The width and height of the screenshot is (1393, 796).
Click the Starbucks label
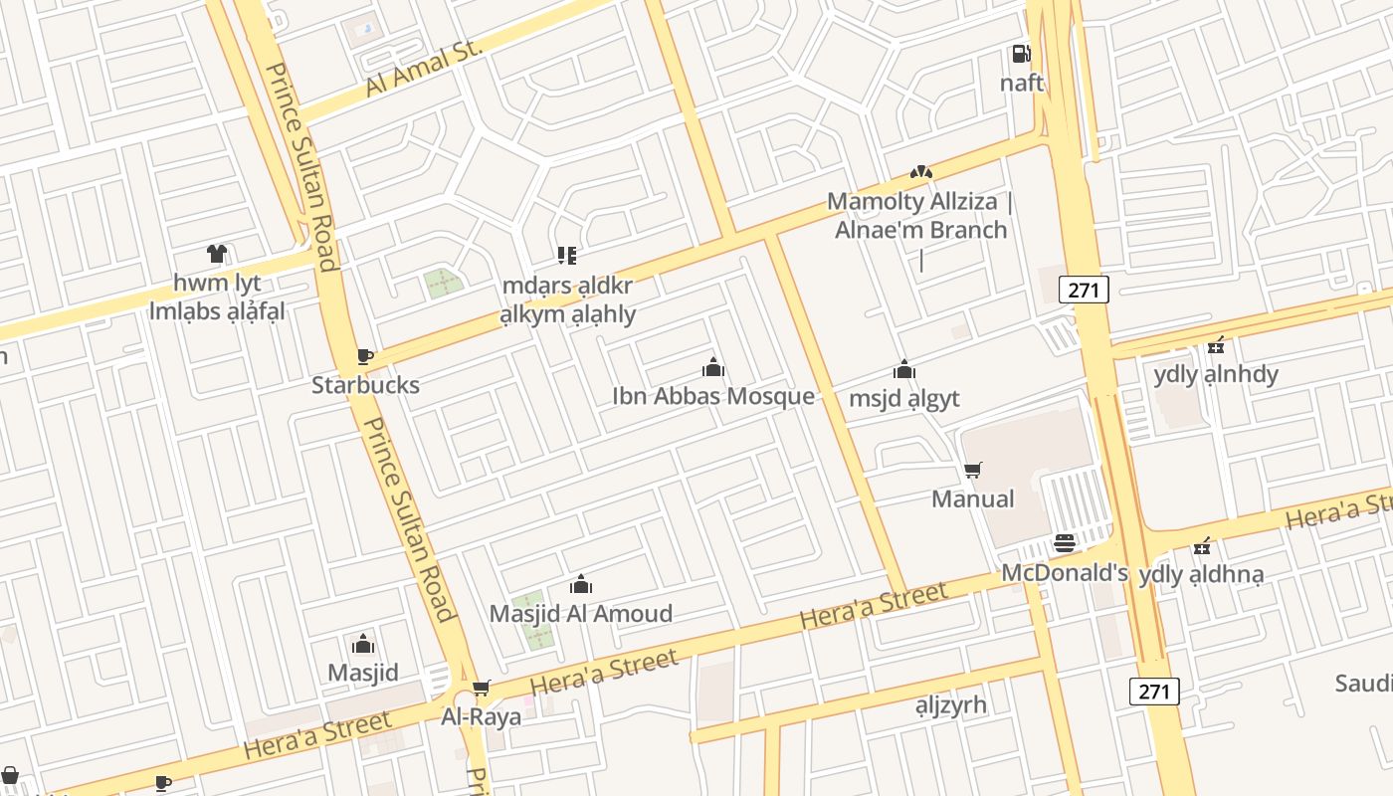click(x=365, y=385)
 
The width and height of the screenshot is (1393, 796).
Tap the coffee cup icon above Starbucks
click(x=365, y=356)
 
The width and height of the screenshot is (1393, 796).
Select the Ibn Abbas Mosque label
click(x=712, y=396)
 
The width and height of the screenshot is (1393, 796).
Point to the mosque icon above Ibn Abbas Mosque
click(x=712, y=368)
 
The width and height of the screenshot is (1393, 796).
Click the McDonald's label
click(x=1064, y=572)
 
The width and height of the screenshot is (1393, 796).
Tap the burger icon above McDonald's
click(x=1064, y=543)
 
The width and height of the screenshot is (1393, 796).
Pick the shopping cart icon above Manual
click(x=973, y=470)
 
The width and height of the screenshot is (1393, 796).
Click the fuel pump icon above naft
click(x=1021, y=54)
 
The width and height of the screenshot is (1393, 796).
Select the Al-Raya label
click(x=481, y=716)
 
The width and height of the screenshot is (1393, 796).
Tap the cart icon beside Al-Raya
click(x=482, y=688)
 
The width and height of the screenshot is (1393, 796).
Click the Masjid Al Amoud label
click(x=580, y=613)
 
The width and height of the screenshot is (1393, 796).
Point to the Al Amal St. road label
click(x=423, y=69)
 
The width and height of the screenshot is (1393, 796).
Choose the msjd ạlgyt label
click(x=903, y=398)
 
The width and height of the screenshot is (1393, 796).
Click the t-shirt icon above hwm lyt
click(x=217, y=254)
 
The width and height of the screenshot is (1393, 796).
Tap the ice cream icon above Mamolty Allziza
click(x=920, y=172)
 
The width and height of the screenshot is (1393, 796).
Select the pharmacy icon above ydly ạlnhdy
click(x=1215, y=346)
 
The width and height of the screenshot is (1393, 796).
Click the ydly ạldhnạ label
click(x=1201, y=574)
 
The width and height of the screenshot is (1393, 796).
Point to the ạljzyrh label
click(x=950, y=704)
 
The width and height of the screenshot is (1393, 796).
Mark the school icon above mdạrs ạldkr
click(x=567, y=256)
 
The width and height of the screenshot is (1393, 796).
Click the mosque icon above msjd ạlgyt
click(x=903, y=369)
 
